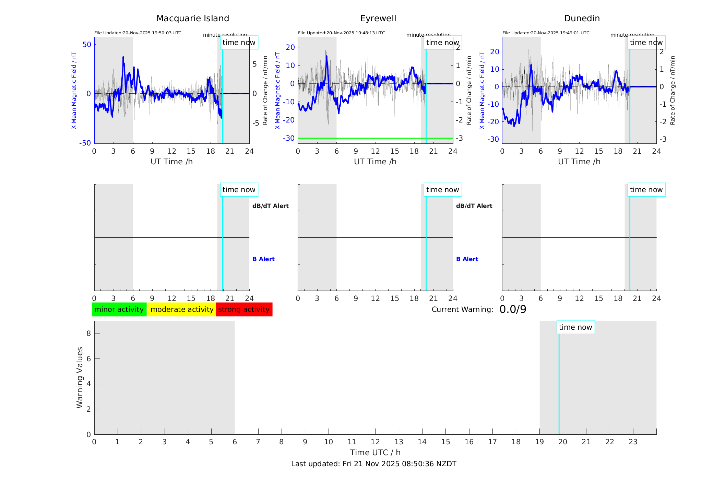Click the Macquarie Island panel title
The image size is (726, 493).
[x=192, y=19]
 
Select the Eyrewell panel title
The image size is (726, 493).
[x=378, y=19]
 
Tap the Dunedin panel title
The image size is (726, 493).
[x=582, y=19]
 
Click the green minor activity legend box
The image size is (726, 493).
[x=119, y=309]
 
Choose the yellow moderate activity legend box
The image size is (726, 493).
[x=182, y=309]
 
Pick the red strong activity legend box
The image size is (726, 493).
[x=244, y=309]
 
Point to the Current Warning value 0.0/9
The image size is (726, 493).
[x=513, y=309]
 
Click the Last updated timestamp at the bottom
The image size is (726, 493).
[x=373, y=464]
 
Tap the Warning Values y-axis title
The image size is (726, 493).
[x=80, y=377]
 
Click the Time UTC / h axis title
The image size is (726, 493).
[x=375, y=453]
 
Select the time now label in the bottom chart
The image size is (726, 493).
[x=575, y=327]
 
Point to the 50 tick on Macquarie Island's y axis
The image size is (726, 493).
[x=87, y=45]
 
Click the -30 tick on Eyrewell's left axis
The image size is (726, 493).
[x=289, y=138]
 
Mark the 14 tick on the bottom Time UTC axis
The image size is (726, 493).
[x=422, y=442]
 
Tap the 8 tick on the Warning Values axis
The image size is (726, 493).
[x=88, y=333]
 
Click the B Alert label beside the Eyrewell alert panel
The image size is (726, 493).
[x=467, y=259]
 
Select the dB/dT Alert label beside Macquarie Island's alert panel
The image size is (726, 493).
[x=270, y=206]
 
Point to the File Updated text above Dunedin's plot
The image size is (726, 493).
[x=546, y=33]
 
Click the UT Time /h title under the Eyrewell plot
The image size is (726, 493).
[x=375, y=162]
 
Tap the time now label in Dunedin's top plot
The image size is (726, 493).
[x=646, y=43]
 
